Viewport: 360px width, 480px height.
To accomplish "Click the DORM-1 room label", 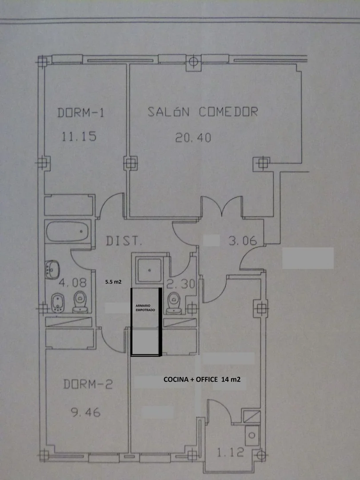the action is (81, 112).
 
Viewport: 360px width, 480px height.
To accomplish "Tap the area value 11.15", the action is (79, 136).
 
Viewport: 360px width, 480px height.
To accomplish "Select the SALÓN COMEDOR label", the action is (203, 112).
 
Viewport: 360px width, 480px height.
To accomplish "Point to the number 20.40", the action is (193, 138).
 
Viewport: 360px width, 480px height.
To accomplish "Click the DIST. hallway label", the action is (124, 241).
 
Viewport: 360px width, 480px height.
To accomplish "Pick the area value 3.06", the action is (243, 241).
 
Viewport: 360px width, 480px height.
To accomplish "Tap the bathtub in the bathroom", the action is (68, 232).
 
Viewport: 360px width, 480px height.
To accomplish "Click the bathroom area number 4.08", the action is (72, 283).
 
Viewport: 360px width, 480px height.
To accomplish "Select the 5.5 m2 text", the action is (113, 282).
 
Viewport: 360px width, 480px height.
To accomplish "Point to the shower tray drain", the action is (150, 270).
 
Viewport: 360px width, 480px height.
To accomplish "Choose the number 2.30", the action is (181, 284).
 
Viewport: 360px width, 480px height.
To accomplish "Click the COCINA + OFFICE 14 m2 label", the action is (202, 380).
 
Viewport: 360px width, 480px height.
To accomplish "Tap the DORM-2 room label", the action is (88, 384).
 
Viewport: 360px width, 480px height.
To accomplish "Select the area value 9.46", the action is (86, 412).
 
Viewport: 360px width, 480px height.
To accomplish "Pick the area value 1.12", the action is (231, 452).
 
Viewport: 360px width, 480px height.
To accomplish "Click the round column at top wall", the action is (193, 61).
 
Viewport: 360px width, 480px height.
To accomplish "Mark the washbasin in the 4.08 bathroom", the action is (52, 269).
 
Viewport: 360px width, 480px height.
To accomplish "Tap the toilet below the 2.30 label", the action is (174, 303).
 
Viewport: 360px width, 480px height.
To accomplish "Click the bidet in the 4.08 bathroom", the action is (57, 303).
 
